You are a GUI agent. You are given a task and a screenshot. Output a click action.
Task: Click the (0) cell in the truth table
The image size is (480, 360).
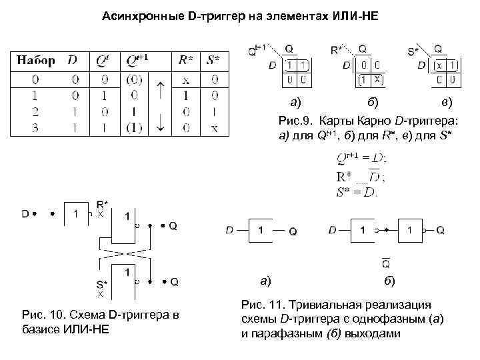coord(135,80)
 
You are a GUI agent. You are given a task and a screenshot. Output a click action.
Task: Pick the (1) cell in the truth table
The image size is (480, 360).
coord(135,127)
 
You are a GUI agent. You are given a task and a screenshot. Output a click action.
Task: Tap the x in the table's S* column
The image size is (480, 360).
coord(213,127)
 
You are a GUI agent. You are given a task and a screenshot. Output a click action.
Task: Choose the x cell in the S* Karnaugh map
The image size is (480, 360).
coord(439,65)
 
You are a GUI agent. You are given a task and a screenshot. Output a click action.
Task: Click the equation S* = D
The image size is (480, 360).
coord(357,192)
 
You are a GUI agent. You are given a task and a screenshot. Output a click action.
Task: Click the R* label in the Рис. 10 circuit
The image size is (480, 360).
coord(102,204)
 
